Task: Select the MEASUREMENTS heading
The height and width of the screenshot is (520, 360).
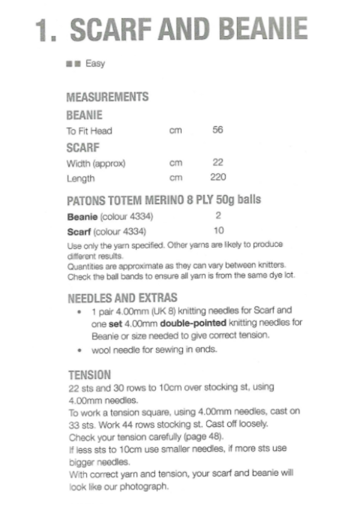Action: click(x=107, y=97)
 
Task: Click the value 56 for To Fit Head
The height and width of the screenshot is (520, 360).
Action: click(x=218, y=130)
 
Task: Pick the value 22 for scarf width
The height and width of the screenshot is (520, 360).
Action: click(x=218, y=163)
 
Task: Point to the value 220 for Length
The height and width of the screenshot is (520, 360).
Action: click(x=218, y=178)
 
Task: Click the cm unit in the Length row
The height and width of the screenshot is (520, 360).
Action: click(x=175, y=178)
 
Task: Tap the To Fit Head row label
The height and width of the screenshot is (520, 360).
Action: click(x=89, y=131)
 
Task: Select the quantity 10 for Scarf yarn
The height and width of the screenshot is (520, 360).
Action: click(x=218, y=231)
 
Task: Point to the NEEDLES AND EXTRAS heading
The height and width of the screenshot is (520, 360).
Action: click(x=122, y=298)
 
